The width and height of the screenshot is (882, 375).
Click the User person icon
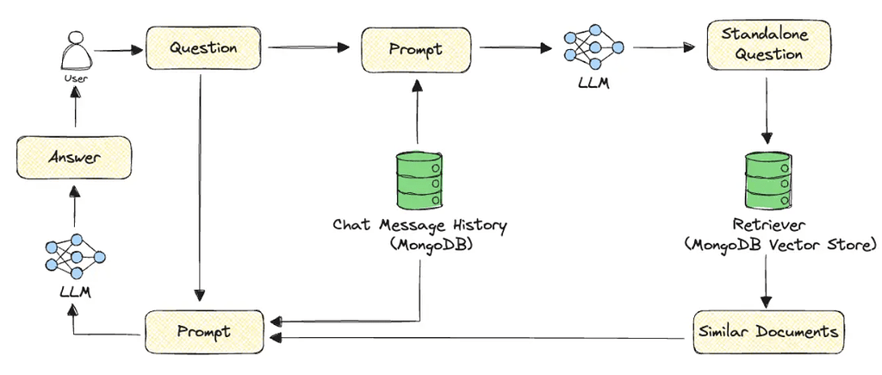(76, 53)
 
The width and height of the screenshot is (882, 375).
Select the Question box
(204, 48)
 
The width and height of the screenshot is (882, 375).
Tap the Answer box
(75, 158)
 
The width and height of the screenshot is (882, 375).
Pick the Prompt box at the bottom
(202, 331)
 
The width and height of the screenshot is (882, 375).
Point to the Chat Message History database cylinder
(419, 178)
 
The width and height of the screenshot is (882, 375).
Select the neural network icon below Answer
(75, 256)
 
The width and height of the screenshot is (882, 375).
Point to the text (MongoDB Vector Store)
(780, 245)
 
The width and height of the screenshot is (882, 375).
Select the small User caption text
(76, 79)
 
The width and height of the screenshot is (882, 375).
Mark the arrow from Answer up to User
(76, 113)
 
